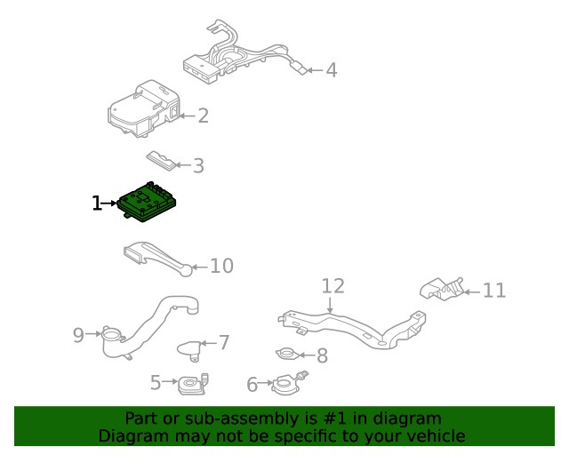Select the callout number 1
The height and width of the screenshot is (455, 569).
[97, 204]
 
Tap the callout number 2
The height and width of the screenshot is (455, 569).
[203, 116]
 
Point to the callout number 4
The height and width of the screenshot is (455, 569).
[331, 69]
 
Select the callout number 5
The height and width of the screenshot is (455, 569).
[156, 383]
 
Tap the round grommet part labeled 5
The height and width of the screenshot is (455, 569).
[192, 385]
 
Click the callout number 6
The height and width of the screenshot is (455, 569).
[252, 385]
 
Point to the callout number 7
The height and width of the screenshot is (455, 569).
[224, 342]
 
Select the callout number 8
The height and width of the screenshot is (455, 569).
[322, 356]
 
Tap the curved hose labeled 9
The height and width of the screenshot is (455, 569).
[151, 324]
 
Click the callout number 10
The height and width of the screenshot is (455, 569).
[221, 266]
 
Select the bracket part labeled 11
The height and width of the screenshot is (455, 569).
[441, 288]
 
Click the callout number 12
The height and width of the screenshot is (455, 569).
[333, 286]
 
